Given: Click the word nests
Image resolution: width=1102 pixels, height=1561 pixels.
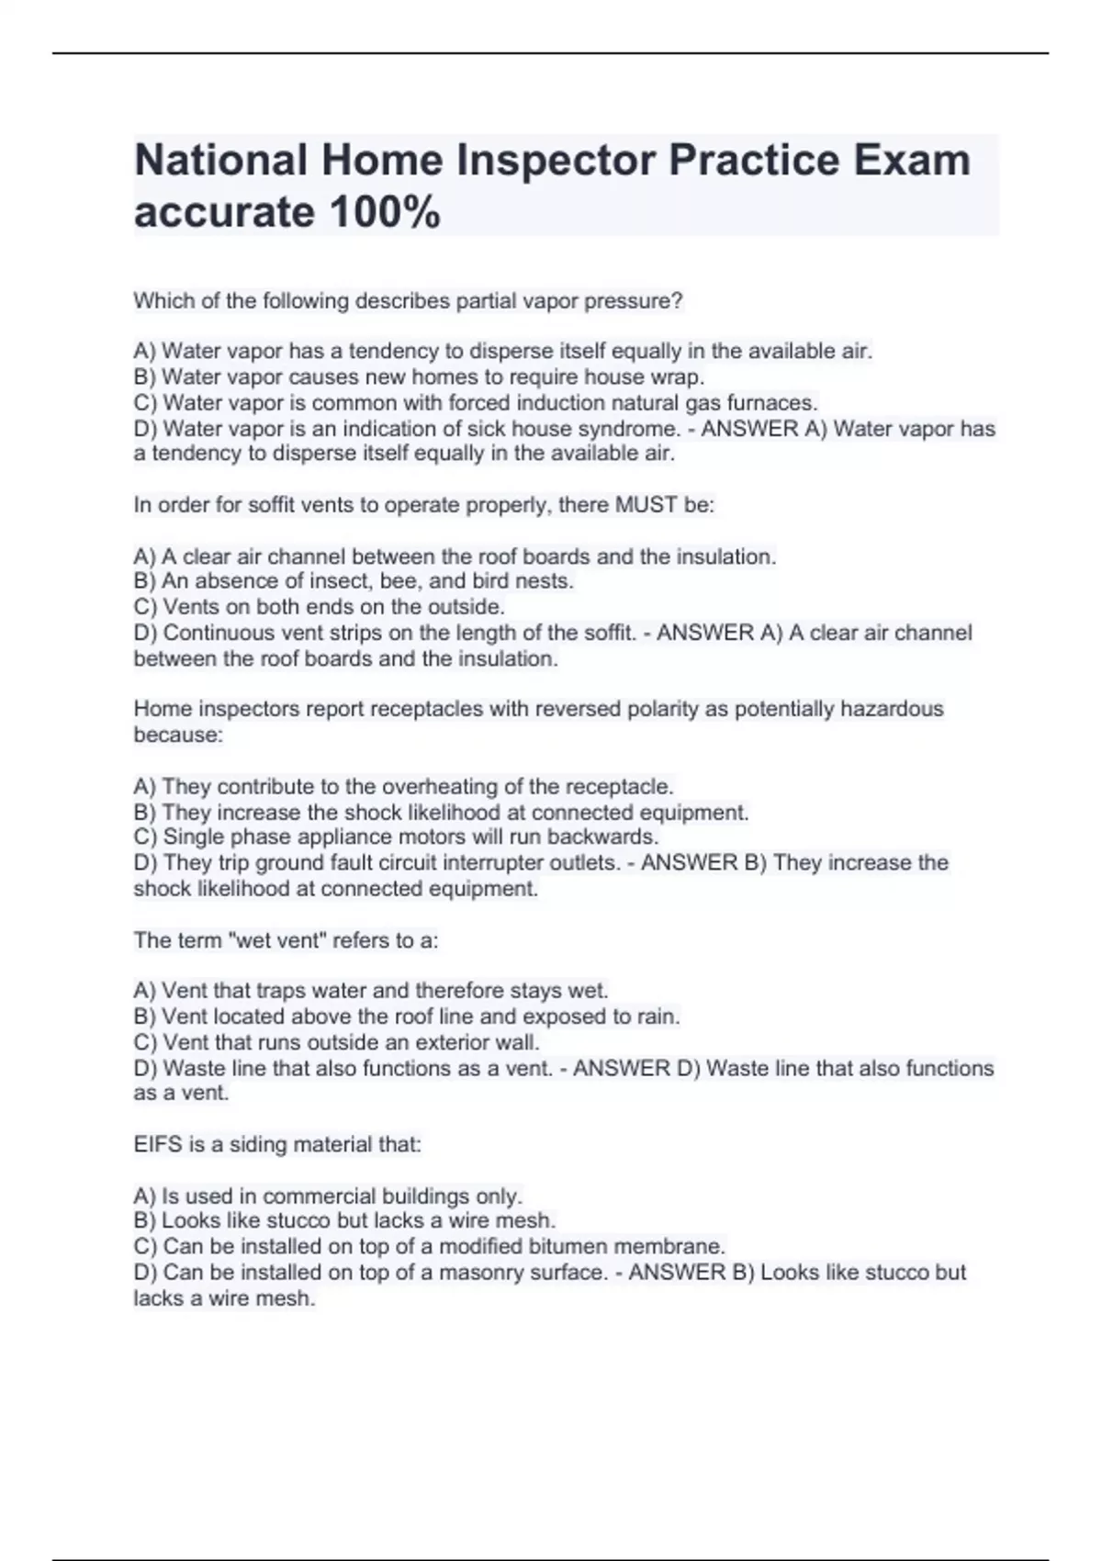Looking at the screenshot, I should point(547,581).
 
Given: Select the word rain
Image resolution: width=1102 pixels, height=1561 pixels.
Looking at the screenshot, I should point(659,1017).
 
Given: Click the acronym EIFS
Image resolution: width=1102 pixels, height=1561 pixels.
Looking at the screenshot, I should point(155,1145).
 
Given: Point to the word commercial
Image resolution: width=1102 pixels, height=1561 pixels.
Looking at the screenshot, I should point(319,1196).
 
